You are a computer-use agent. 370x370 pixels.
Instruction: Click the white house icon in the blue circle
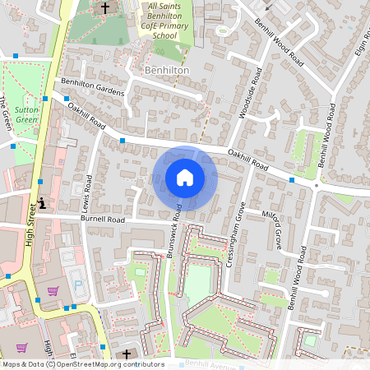tap(185, 178)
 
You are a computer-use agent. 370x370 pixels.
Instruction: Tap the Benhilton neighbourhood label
tap(167, 72)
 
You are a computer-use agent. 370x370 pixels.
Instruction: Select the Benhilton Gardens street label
tap(93, 86)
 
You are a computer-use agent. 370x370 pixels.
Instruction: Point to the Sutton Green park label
tap(27, 114)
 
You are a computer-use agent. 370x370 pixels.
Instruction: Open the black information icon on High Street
tap(42, 203)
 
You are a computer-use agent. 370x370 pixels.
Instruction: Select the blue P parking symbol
tap(79, 284)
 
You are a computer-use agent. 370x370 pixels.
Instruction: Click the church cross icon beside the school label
tap(104, 9)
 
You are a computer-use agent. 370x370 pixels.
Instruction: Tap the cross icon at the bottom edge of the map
tap(127, 354)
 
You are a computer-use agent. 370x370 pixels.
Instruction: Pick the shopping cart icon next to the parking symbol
tap(53, 290)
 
